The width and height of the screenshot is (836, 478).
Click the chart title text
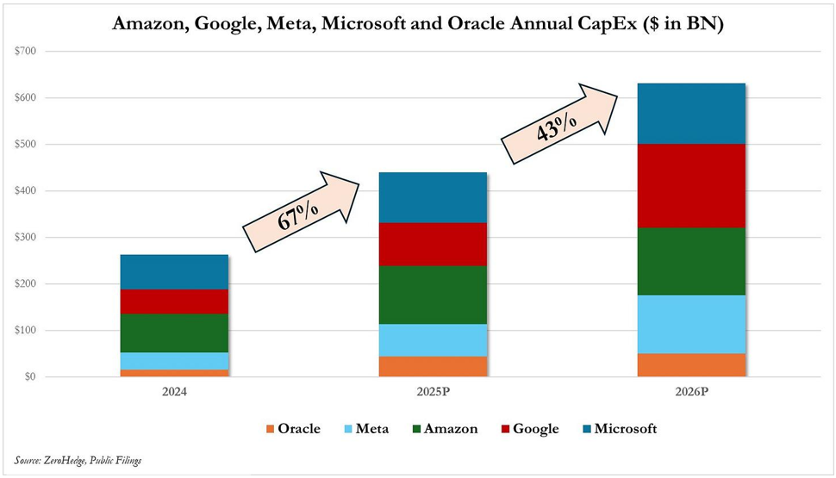coord(418,24)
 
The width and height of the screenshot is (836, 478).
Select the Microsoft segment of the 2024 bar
coord(173,272)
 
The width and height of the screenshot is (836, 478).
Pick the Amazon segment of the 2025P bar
coord(433,295)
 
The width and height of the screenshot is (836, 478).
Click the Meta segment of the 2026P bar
coord(690,324)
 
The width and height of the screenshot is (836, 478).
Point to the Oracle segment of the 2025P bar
coord(433,366)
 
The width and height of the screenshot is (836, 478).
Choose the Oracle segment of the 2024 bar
coord(173,373)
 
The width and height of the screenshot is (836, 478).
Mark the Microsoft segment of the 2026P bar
coord(690,113)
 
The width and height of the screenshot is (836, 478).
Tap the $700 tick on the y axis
coord(25,52)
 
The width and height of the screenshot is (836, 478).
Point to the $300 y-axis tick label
coord(25,238)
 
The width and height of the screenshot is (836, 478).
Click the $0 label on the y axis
coord(29,377)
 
